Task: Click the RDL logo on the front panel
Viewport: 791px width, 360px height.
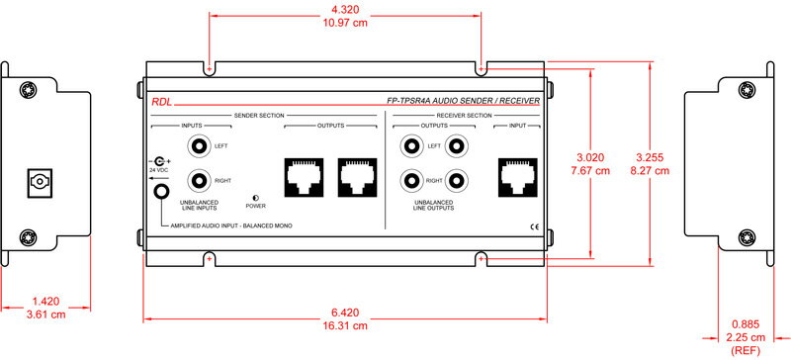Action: click(161, 102)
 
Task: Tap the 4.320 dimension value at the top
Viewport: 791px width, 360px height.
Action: click(345, 10)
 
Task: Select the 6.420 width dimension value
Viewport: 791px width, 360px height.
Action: click(345, 314)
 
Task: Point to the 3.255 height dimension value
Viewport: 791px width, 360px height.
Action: click(650, 157)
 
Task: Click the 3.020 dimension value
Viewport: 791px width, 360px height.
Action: click(590, 157)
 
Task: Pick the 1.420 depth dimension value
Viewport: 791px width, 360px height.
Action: click(45, 302)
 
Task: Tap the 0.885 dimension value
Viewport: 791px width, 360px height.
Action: click(745, 324)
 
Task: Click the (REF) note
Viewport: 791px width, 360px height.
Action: click(745, 350)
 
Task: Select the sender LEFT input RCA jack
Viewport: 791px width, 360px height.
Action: click(197, 146)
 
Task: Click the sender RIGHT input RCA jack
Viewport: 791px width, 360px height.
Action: click(197, 180)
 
